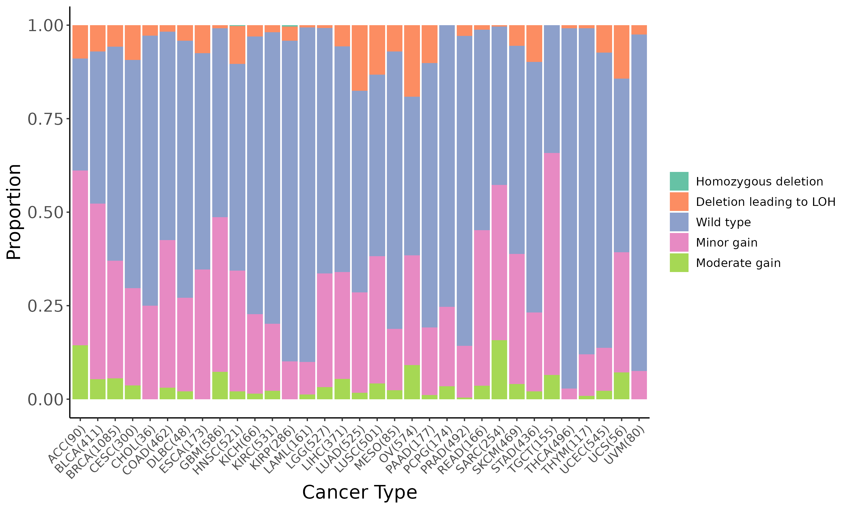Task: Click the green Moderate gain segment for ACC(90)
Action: pyautogui.click(x=80, y=372)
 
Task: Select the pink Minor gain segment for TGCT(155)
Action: pyautogui.click(x=552, y=264)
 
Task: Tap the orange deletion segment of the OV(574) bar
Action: pyautogui.click(x=412, y=61)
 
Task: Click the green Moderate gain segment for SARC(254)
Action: pyautogui.click(x=499, y=370)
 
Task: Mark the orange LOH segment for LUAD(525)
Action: pyautogui.click(x=360, y=58)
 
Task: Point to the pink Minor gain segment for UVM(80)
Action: pyautogui.click(x=639, y=385)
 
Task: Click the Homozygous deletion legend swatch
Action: pyautogui.click(x=679, y=181)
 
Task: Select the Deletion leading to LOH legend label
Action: pyautogui.click(x=765, y=202)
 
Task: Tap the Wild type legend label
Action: pyautogui.click(x=723, y=222)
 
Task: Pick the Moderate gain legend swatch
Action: pyautogui.click(x=679, y=263)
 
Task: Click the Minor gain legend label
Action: pyautogui.click(x=726, y=243)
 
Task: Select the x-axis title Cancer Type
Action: pyautogui.click(x=359, y=493)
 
